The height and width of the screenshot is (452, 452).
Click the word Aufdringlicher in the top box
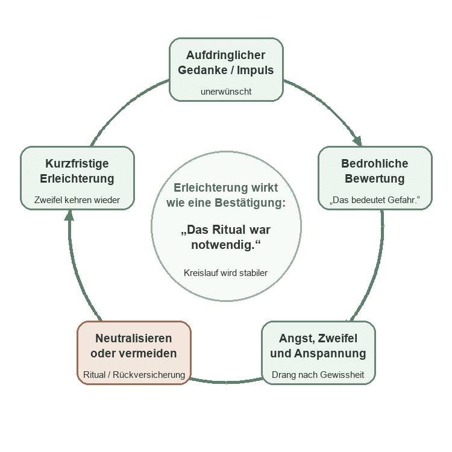tap(226, 55)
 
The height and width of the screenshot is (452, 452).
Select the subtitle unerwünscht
tap(226, 92)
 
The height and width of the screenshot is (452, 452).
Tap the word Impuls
tap(255, 71)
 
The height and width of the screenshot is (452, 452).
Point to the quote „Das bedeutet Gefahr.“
tap(375, 199)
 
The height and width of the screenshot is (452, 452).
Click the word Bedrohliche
tap(375, 163)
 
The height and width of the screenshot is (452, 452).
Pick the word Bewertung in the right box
tap(375, 179)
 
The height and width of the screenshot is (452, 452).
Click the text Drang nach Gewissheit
tap(318, 375)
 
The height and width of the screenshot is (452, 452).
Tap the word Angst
tap(294, 339)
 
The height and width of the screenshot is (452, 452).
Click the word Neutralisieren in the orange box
tap(134, 339)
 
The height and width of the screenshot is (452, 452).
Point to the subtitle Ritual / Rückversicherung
tap(134, 375)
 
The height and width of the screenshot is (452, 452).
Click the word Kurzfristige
tap(77, 164)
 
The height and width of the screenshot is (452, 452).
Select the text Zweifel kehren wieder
tap(77, 199)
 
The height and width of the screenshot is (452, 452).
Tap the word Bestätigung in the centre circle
tap(250, 202)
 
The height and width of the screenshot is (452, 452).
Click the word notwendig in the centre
tap(223, 245)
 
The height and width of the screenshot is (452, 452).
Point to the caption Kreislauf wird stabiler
tap(226, 272)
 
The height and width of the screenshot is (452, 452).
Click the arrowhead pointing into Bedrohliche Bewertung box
tap(358, 141)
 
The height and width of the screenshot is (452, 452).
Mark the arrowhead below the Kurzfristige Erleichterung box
tap(69, 216)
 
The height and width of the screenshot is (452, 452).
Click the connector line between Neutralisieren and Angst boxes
tap(226, 383)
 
